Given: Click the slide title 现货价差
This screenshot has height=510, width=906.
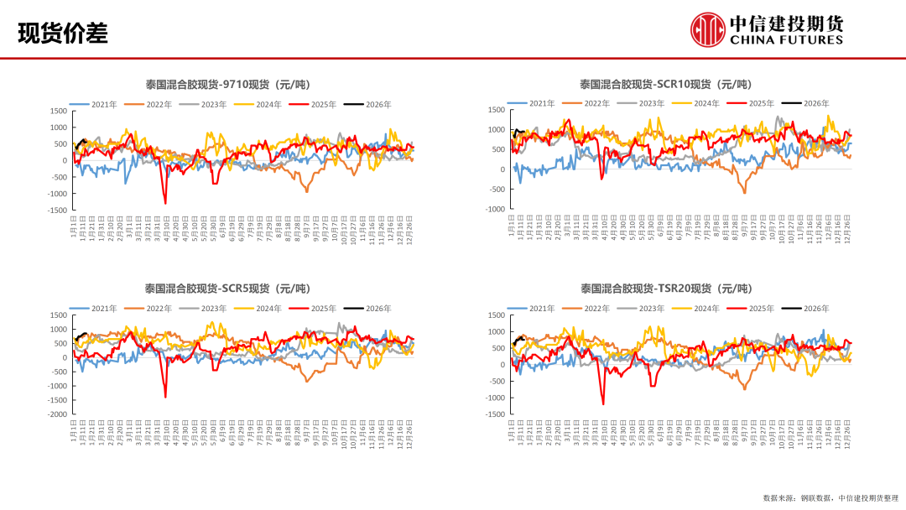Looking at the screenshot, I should [63, 34].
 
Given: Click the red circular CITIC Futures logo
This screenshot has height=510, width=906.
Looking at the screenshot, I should [707, 29].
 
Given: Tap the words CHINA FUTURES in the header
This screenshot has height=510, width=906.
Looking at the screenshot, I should [786, 39].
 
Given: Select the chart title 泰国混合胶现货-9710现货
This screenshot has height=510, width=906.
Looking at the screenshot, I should [238, 85].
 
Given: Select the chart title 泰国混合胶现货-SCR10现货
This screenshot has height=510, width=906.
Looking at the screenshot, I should [665, 84].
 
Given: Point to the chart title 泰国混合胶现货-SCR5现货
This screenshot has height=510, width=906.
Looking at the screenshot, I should [237, 289].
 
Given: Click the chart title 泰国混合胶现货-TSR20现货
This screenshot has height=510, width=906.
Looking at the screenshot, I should [665, 289].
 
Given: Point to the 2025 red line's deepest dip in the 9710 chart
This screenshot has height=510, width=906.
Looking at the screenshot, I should [165, 203].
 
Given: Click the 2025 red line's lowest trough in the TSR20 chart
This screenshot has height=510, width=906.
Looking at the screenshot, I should [603, 404].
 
